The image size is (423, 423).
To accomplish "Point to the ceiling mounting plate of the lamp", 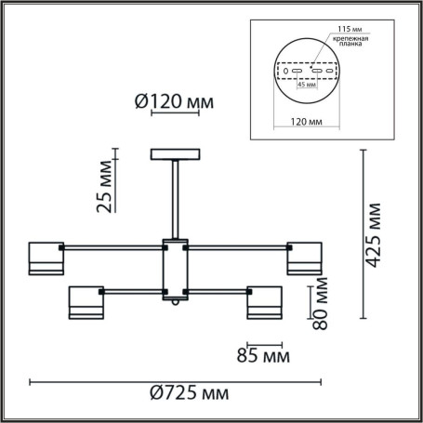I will (x=175, y=154).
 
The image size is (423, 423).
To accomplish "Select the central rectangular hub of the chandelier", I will (x=175, y=271).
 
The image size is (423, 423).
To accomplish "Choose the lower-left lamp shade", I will (x=86, y=302).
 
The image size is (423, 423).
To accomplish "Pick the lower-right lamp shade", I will (x=264, y=302).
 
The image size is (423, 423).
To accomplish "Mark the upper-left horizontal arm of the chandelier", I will (x=112, y=248).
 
